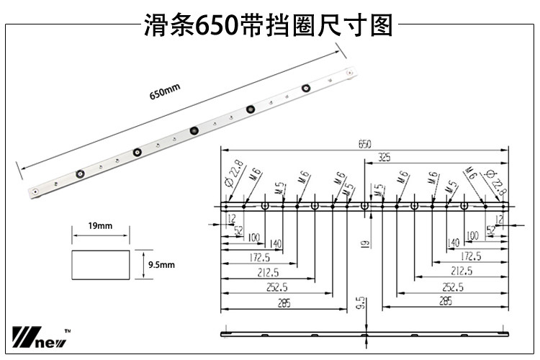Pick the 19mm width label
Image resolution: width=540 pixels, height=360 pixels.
(x=100, y=226)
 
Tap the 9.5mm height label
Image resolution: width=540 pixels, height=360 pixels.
(x=161, y=265)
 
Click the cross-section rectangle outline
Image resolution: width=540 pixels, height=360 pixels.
(x=101, y=264)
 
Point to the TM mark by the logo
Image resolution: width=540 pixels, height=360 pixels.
(x=68, y=330)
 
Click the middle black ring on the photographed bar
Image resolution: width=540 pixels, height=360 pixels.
(x=194, y=130)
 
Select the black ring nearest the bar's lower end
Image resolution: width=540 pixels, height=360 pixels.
(x=80, y=174)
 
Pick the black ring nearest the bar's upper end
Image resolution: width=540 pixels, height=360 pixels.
(x=307, y=89)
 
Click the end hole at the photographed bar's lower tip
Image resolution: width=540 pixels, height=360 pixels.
(x=36, y=191)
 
